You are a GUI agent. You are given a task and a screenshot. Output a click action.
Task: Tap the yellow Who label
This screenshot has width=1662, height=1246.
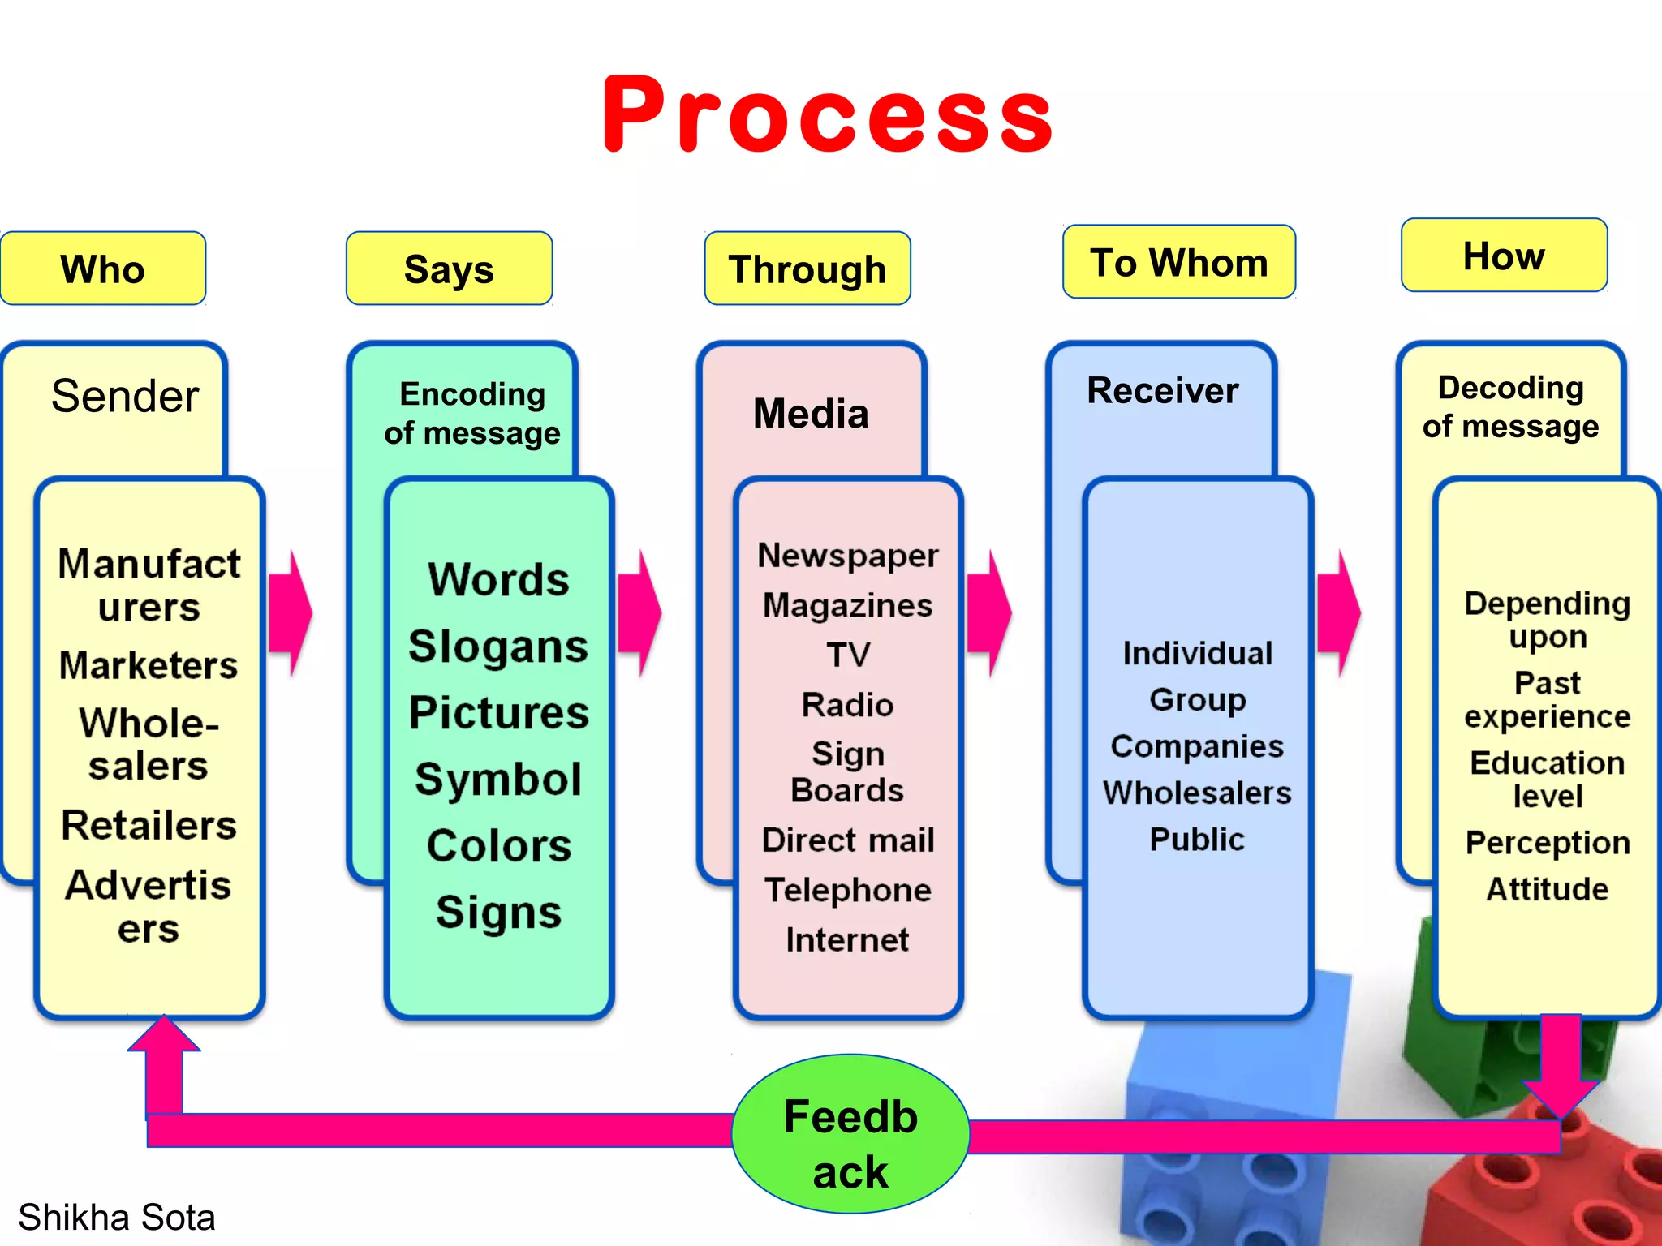point(103,269)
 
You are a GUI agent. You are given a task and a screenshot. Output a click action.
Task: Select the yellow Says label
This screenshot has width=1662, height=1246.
point(449,269)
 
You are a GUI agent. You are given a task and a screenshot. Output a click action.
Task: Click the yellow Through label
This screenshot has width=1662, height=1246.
point(807,269)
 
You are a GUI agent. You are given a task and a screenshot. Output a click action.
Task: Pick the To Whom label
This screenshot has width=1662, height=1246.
point(1178,262)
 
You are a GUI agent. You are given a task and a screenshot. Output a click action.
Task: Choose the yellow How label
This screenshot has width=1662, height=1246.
point(1504,256)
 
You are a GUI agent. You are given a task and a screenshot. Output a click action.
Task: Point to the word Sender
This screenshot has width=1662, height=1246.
point(125,396)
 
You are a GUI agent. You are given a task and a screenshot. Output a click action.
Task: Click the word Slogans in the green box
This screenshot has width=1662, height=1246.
point(498,647)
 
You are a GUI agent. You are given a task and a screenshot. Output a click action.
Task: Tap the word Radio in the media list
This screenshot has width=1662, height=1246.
point(847,704)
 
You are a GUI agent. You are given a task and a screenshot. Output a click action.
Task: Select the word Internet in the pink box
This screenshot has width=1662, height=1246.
point(847,939)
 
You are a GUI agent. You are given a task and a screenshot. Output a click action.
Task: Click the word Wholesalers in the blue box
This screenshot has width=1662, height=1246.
point(1197,793)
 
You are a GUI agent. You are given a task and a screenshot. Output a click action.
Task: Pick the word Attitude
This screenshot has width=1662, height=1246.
point(1547,889)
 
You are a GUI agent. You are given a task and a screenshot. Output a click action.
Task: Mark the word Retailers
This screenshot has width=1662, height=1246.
point(149,825)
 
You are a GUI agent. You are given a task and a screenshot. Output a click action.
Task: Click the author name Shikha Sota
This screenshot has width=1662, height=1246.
point(117,1217)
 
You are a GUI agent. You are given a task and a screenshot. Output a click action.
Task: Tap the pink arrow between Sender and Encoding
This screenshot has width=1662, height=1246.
point(291,613)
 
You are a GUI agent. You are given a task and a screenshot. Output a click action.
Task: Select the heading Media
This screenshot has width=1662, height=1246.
point(811,413)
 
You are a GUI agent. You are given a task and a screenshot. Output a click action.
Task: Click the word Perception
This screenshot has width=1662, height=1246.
point(1547,843)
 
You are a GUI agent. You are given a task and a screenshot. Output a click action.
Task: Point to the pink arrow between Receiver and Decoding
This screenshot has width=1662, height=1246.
point(1339,613)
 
